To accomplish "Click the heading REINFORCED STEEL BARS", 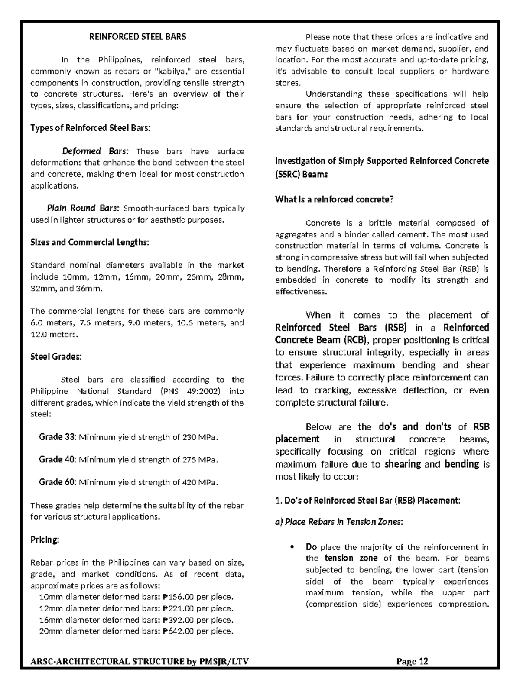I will (137, 37).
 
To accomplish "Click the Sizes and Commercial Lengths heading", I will (90, 242).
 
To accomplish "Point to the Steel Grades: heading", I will (56, 357).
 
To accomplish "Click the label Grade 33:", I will (58, 437).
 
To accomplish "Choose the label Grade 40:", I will (58, 459).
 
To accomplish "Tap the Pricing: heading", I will (45, 540).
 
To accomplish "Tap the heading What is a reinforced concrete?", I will (334, 200).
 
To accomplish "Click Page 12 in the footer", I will (412, 661).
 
